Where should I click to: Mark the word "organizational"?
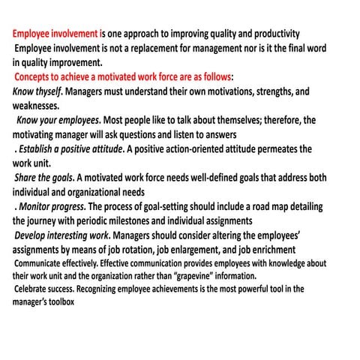tap(83, 192)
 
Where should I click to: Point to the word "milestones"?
tap(150, 220)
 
